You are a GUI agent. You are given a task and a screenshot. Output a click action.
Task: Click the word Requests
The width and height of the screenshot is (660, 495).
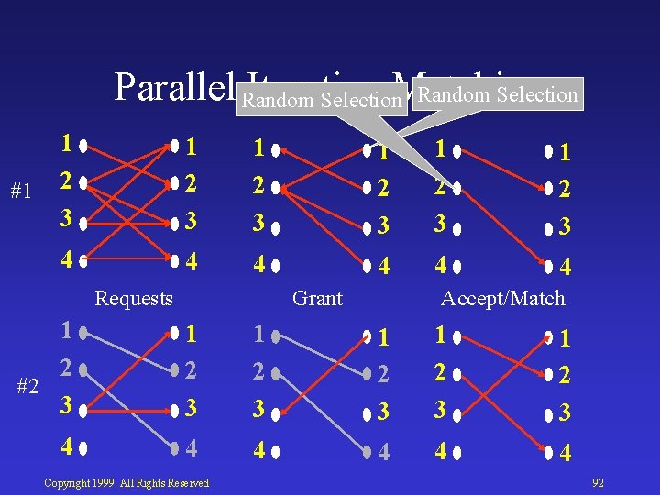pos(134,298)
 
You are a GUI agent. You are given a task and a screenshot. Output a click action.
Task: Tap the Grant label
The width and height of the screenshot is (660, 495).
pos(317,298)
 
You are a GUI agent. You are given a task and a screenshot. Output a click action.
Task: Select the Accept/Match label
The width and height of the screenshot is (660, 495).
pos(503,298)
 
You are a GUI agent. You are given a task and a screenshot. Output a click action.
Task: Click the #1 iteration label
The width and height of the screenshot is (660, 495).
pos(22,192)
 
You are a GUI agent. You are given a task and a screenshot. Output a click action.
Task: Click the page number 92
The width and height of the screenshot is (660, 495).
pos(599,482)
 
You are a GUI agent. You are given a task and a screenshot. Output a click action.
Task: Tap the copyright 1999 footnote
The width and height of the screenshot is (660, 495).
pos(126,482)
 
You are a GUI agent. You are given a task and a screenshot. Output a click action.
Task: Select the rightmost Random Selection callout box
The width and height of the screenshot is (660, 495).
pos(499,94)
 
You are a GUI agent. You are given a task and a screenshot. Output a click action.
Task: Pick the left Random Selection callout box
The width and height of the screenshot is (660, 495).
pos(321,100)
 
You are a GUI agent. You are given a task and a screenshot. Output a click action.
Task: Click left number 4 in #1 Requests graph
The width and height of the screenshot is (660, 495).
pos(66,260)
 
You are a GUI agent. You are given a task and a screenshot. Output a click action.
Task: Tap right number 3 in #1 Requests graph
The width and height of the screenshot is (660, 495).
pos(192,223)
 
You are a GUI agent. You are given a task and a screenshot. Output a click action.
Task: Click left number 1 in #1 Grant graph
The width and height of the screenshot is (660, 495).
pos(259,147)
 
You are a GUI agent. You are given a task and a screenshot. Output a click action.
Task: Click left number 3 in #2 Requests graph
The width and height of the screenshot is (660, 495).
pos(66,404)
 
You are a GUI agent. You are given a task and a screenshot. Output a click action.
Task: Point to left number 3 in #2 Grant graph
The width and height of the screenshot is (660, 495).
pos(259,408)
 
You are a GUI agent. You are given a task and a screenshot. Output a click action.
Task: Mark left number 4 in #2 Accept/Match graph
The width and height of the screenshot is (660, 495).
pos(443,451)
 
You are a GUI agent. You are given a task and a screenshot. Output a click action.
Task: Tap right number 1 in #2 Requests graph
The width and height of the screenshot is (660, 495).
pos(192,335)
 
